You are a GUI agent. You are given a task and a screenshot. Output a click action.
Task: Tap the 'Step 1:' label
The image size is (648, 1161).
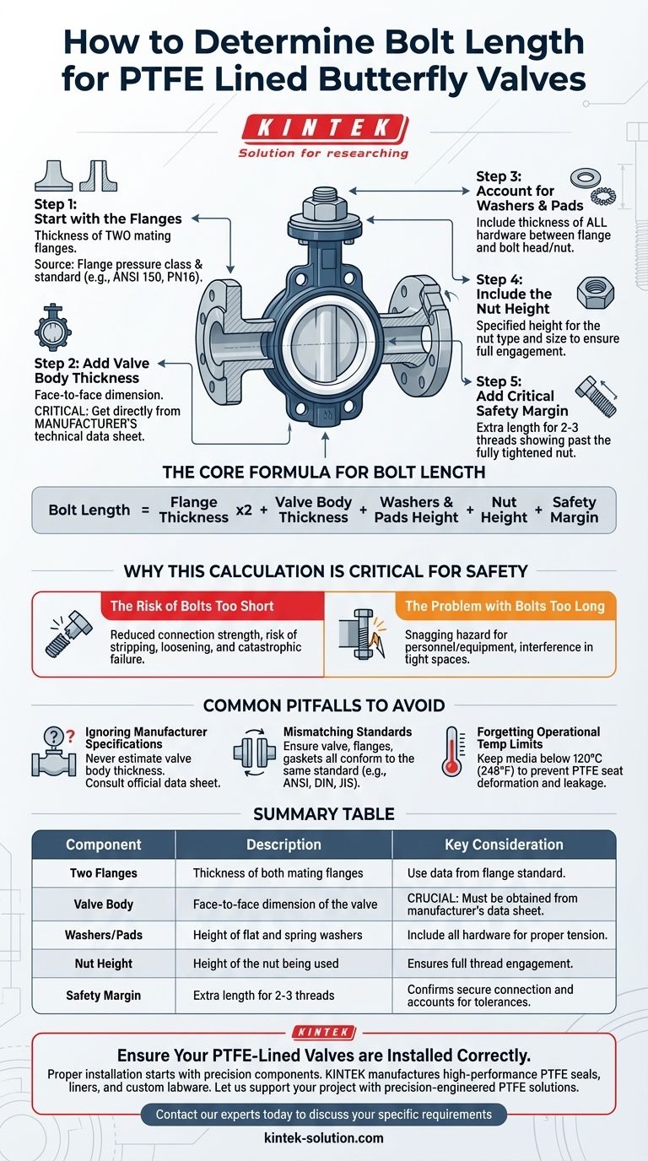pyautogui.click(x=55, y=203)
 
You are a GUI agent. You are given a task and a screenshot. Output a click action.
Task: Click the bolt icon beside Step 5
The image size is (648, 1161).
pyautogui.click(x=597, y=397)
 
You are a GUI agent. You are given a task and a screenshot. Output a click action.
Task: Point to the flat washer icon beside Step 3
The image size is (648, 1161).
pyautogui.click(x=586, y=178)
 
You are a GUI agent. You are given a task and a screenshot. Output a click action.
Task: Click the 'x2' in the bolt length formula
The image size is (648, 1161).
pyautogui.click(x=244, y=510)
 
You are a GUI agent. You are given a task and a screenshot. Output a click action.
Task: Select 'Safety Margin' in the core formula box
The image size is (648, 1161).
pyautogui.click(x=574, y=510)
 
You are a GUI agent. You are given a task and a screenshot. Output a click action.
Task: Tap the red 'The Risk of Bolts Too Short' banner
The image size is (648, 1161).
pyautogui.click(x=213, y=606)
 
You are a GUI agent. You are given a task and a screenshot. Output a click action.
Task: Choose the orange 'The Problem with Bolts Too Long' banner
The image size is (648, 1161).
pyautogui.click(x=505, y=606)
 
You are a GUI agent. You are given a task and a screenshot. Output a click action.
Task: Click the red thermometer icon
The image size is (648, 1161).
pyautogui.click(x=452, y=751)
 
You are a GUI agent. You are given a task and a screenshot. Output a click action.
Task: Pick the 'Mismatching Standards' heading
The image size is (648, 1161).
pyautogui.click(x=348, y=732)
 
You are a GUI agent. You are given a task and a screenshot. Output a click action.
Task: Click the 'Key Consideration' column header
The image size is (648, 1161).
pyautogui.click(x=504, y=845)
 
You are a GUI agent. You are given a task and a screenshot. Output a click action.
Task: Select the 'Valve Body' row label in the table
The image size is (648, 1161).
pyautogui.click(x=104, y=904)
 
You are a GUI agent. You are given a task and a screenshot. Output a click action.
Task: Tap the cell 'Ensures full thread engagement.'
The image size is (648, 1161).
pyautogui.click(x=490, y=964)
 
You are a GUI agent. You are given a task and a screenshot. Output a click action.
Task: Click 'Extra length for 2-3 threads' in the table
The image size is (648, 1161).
pyautogui.click(x=264, y=995)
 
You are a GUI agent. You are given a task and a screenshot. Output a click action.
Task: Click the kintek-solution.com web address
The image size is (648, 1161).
pyautogui.click(x=324, y=1137)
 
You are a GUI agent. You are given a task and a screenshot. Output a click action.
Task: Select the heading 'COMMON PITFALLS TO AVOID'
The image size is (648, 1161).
pyautogui.click(x=324, y=705)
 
